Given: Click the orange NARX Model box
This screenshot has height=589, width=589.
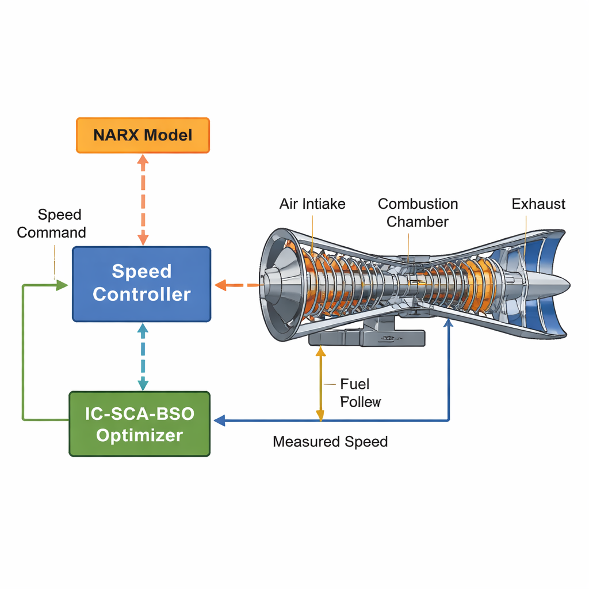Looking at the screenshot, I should coord(143,136).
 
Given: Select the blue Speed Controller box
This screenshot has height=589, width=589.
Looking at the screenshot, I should coord(141,283).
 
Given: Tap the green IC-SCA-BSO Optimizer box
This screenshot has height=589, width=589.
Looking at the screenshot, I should coord(140,424).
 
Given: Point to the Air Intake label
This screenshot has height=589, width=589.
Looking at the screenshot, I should coord(312,204).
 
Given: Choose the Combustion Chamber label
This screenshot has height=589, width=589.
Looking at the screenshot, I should coord(418,213).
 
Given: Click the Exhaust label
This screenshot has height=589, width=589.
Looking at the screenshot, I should coord(538,204).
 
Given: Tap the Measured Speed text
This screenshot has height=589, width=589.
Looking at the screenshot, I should coord(330,442).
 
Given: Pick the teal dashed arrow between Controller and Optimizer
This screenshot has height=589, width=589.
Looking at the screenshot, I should coord(143,357).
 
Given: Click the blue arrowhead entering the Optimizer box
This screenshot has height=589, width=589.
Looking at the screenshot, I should coord(219,420).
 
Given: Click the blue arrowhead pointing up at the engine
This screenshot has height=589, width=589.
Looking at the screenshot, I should coord(449,324).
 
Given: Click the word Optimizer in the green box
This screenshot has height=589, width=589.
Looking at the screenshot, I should coord(140,435).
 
